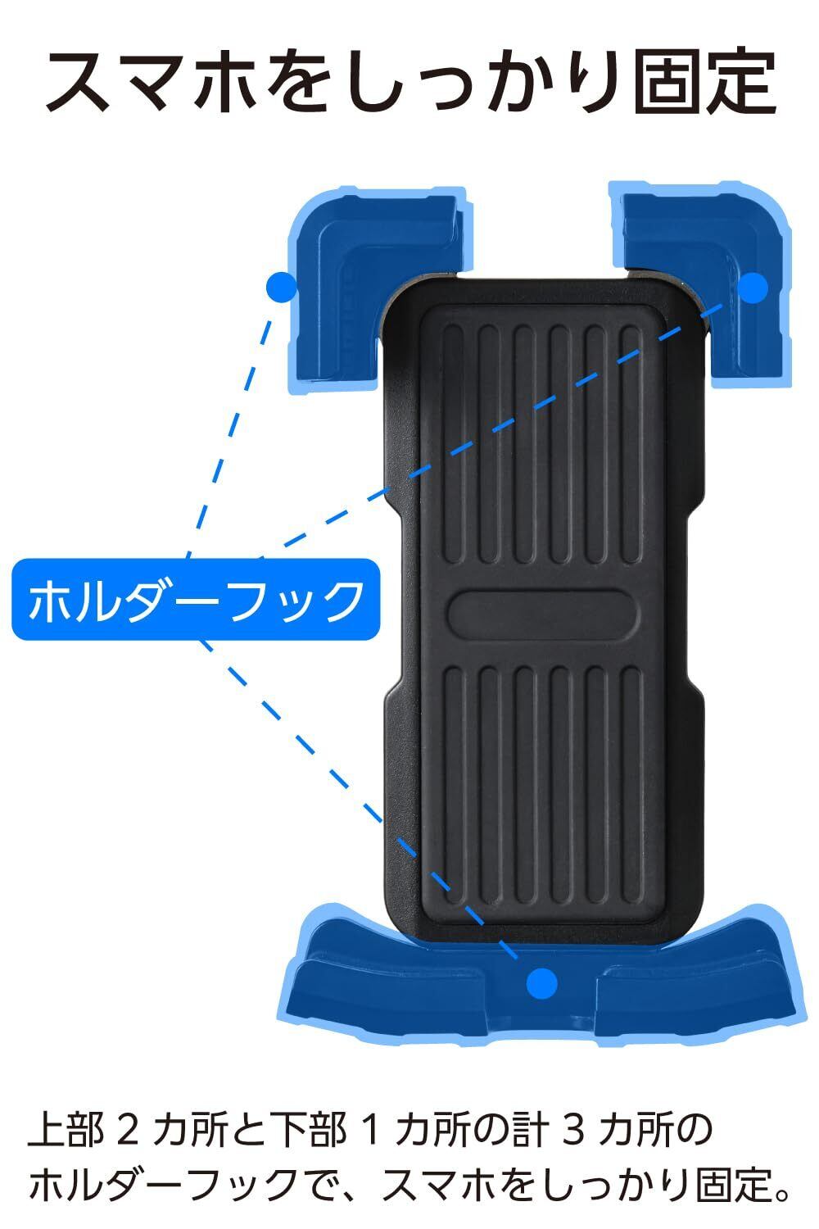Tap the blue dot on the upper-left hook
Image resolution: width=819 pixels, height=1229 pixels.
(281, 286)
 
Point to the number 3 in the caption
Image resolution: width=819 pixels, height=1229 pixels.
(569, 1131)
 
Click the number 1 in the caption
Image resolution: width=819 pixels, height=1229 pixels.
(369, 1131)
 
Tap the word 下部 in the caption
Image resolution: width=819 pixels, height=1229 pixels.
(307, 1131)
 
